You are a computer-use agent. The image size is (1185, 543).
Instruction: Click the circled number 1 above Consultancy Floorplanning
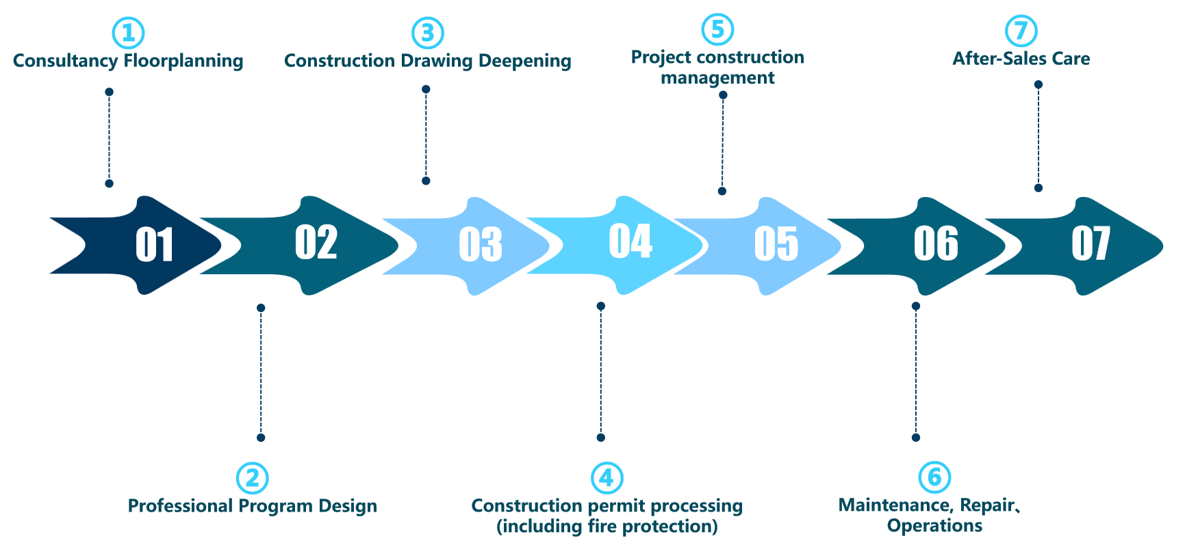[128, 33]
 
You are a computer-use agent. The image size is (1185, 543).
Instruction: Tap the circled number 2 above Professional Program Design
[253, 478]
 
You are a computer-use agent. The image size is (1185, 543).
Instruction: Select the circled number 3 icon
[428, 33]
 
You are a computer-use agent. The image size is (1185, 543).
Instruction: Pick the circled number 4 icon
[607, 478]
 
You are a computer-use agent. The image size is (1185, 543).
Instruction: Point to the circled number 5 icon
[717, 29]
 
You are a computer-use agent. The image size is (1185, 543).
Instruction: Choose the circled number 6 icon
[934, 477]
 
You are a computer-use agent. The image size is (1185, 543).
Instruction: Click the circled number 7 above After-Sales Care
[1021, 31]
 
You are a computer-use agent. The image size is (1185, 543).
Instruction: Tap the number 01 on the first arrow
[154, 244]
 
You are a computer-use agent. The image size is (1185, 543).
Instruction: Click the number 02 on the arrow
[316, 242]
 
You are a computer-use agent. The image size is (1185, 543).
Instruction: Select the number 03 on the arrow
[480, 244]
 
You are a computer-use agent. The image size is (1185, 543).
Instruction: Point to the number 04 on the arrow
[630, 241]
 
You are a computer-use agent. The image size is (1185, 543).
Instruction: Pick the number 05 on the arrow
[776, 243]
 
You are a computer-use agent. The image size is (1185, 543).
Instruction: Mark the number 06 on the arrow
[936, 243]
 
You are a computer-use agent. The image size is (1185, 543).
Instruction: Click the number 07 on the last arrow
[1091, 243]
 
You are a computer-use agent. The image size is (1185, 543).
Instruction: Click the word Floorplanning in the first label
[183, 61]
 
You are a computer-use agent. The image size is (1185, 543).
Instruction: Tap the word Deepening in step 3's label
[524, 61]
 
